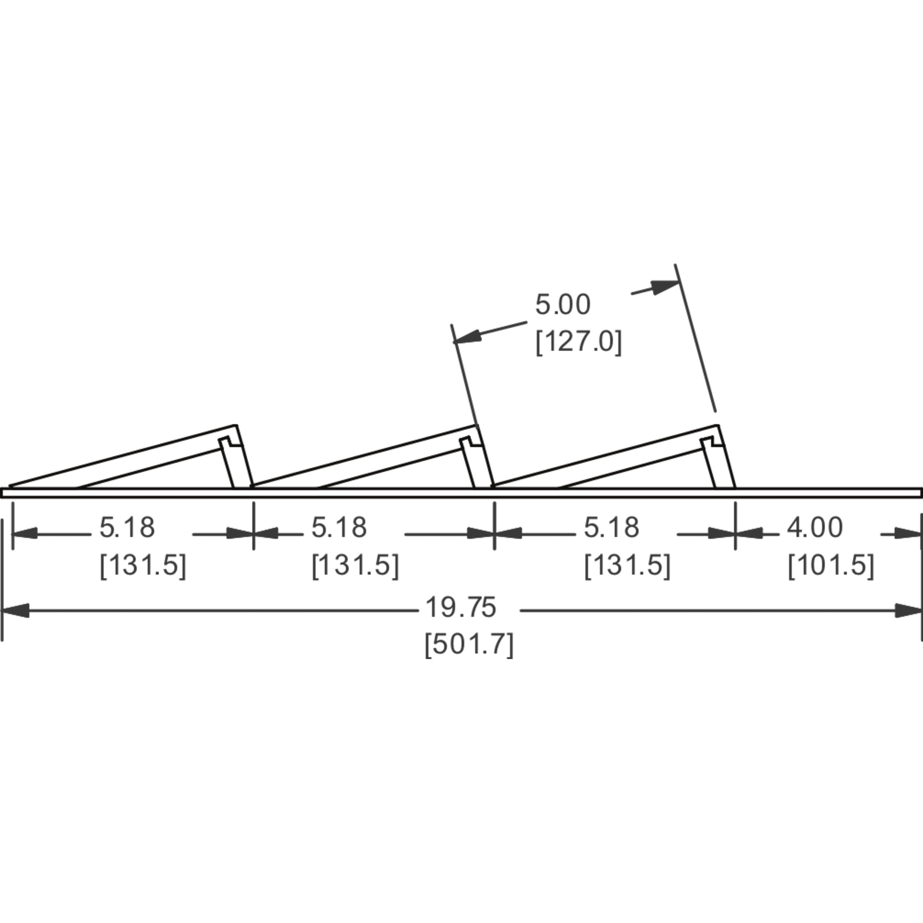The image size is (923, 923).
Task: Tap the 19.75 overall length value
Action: click(460, 607)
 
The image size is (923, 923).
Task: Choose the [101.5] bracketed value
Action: click(831, 565)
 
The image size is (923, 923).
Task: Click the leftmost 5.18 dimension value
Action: click(127, 528)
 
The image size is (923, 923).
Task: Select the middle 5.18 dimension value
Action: click(339, 528)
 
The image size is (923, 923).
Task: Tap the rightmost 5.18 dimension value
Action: click(611, 528)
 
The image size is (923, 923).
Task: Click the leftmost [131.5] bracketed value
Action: click(143, 565)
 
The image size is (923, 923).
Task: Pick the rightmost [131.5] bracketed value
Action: click(628, 565)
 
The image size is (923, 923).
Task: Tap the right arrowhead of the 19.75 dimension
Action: click(908, 610)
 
